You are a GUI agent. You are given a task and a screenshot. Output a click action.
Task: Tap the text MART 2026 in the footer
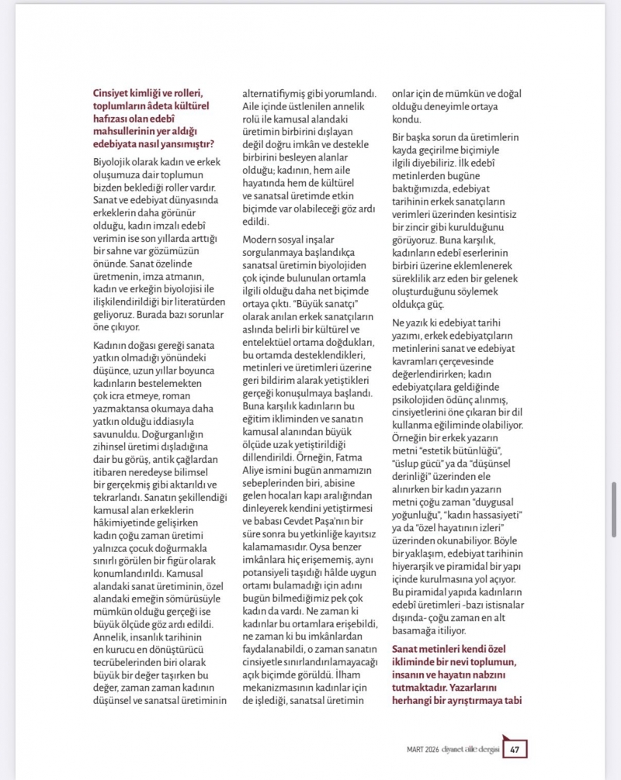pyautogui.click(x=424, y=750)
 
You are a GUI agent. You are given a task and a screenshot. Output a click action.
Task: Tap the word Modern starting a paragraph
pyautogui.click(x=262, y=240)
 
